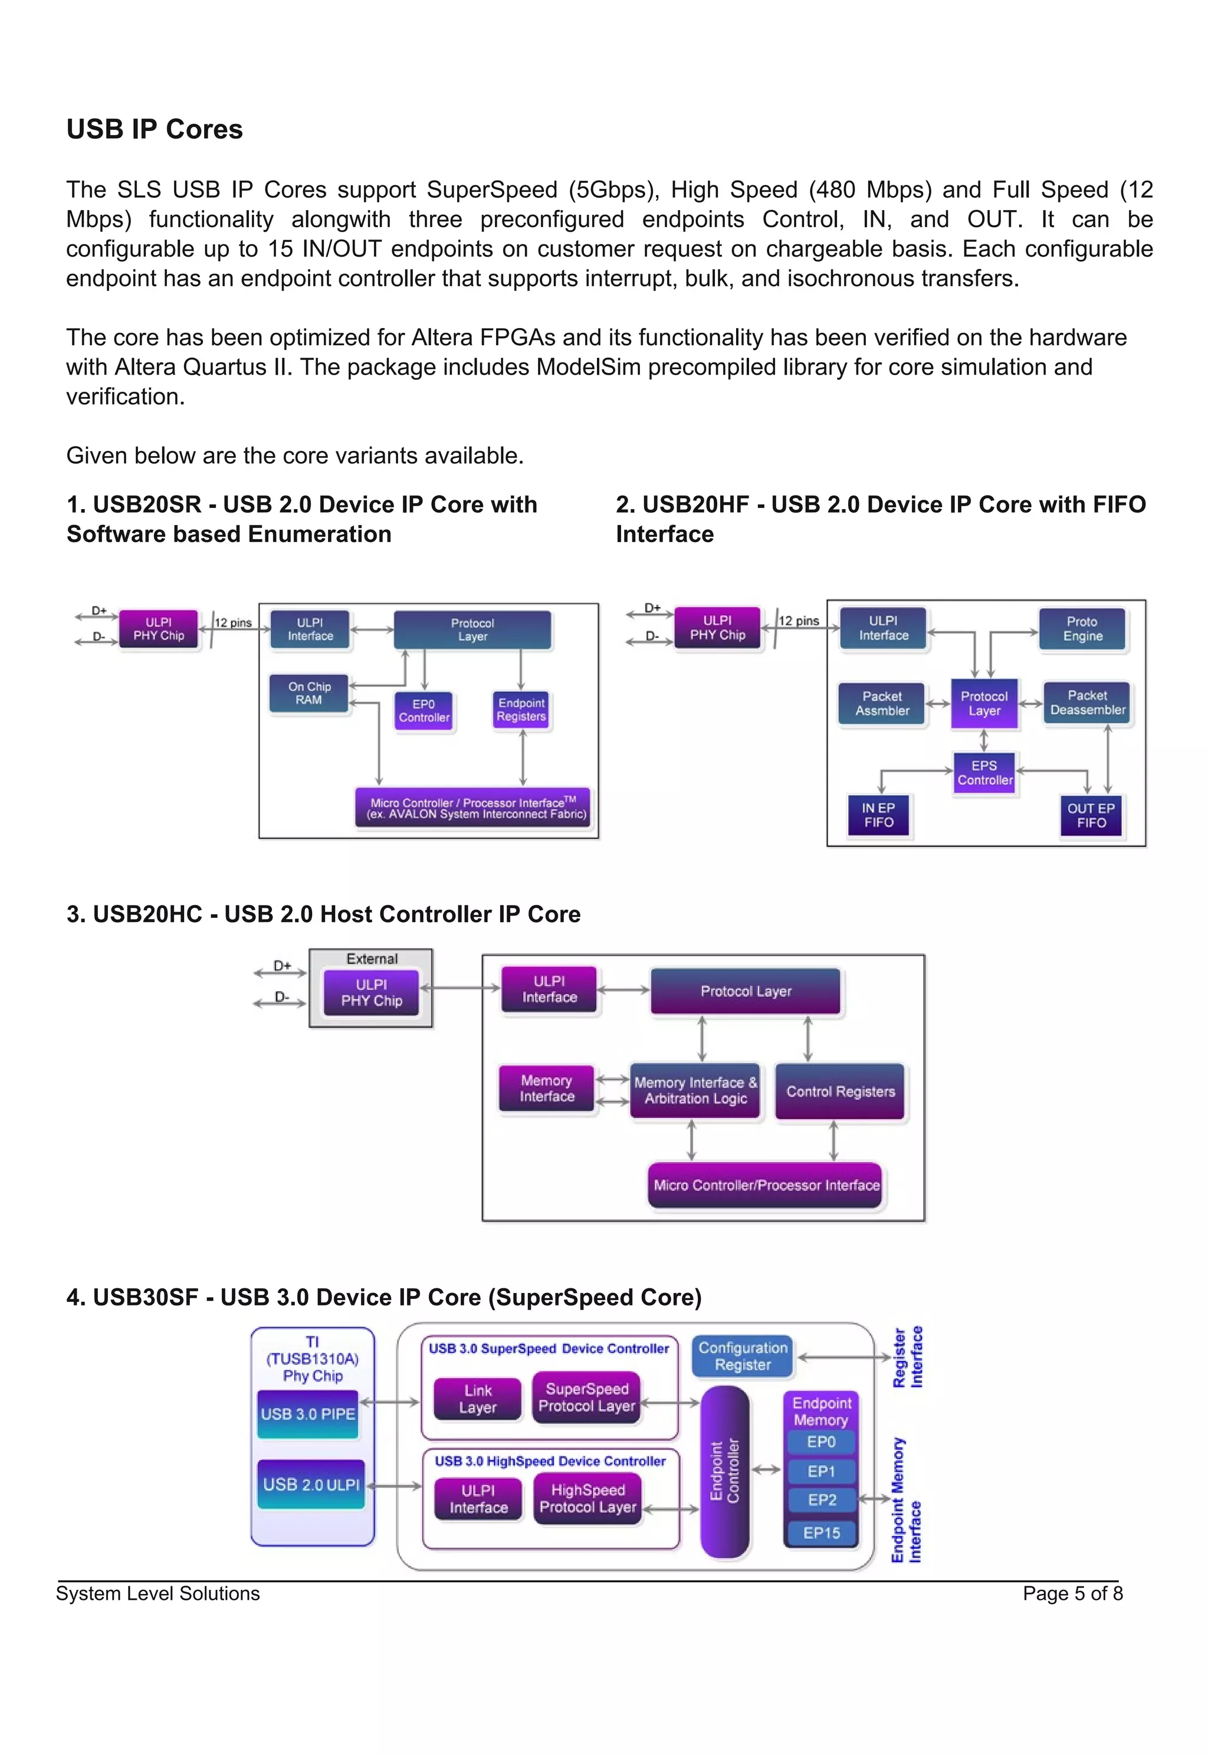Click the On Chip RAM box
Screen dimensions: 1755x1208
coord(309,693)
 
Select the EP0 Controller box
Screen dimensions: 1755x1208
coord(424,711)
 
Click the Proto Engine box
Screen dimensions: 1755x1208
coord(1082,629)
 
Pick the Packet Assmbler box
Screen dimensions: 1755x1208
coord(882,703)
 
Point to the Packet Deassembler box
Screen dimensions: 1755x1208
coord(1088,703)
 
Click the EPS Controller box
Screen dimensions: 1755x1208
coord(984,773)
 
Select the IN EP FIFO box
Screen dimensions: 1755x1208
coord(878,815)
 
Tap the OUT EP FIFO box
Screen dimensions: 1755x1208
coord(1091,815)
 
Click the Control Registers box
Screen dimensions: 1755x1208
coord(840,1091)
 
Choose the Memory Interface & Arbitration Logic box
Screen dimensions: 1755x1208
coord(695,1091)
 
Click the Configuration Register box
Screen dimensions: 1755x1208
coord(743,1356)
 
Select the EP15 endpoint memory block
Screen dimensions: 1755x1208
coord(821,1533)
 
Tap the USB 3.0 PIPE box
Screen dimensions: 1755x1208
coord(308,1413)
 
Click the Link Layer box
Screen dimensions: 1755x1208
coord(478,1399)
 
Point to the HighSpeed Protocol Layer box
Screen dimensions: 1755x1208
coord(587,1498)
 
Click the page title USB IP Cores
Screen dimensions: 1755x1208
coord(155,129)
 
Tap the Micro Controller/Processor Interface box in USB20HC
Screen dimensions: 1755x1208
coord(766,1185)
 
